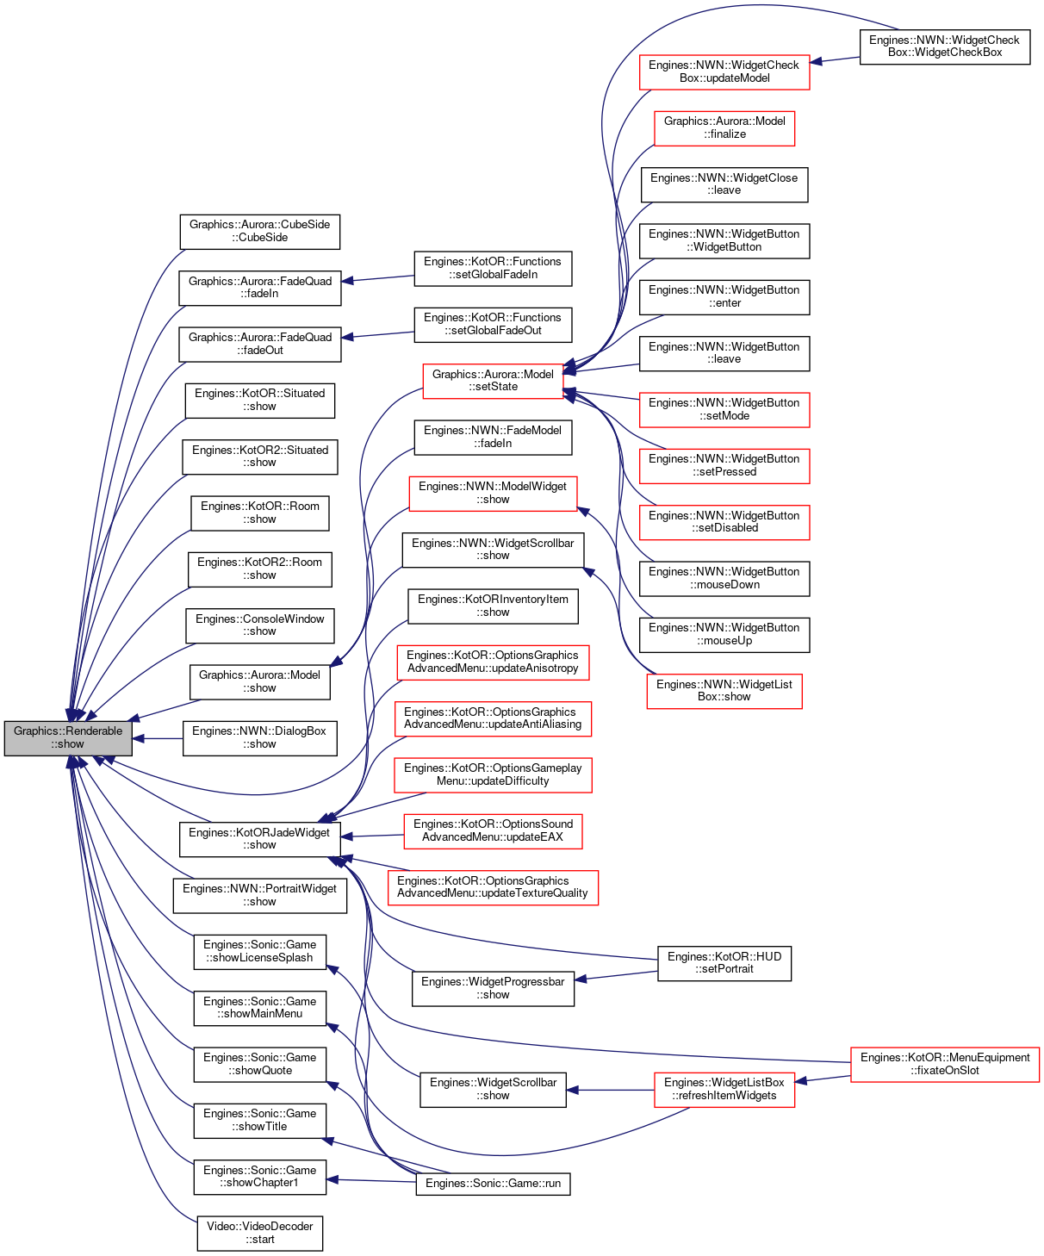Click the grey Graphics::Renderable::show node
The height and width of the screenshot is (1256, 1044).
coord(68,738)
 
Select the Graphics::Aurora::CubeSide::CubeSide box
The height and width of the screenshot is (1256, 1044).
coord(260,232)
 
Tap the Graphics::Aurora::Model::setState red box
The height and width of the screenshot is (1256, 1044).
coord(493,381)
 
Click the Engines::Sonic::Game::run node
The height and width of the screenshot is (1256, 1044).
coord(493,1184)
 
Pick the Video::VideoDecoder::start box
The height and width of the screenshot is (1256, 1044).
coord(260,1234)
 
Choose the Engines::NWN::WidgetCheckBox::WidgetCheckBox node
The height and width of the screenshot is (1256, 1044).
coord(945,47)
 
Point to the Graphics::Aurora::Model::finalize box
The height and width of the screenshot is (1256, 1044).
coord(724,128)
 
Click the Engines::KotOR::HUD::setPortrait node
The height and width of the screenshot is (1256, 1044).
coord(724,963)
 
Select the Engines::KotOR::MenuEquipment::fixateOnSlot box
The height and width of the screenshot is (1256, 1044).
coord(945,1064)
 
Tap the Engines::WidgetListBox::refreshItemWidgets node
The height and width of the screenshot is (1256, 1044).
coord(724,1090)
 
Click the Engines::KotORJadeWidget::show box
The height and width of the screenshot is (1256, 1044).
coord(260,839)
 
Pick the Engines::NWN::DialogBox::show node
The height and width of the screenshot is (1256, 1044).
coord(260,738)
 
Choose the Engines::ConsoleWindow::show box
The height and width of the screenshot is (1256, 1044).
coord(260,625)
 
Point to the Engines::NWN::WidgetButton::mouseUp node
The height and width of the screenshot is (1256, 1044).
coord(724,635)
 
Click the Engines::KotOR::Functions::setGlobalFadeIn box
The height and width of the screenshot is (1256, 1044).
coord(493,269)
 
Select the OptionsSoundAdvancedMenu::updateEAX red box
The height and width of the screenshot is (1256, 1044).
coord(493,831)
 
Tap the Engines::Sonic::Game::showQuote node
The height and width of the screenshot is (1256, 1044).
coord(260,1064)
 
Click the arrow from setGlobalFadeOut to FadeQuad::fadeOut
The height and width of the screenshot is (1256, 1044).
coord(377,335)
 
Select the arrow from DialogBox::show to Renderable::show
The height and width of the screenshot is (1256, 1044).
coord(158,738)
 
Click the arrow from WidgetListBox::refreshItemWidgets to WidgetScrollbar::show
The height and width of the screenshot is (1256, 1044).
coord(611,1090)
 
